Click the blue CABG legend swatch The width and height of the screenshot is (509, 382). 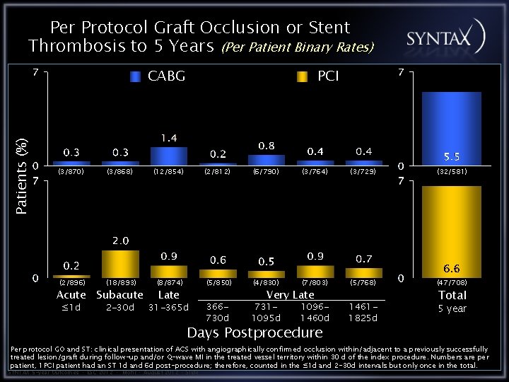click(136, 76)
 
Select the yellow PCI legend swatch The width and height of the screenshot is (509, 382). click(302, 76)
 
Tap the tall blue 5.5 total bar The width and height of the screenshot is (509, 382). click(451, 127)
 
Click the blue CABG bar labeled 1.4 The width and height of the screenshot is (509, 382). click(168, 156)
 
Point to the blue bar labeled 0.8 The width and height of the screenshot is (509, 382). click(266, 160)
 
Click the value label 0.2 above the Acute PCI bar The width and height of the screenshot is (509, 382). click(71, 266)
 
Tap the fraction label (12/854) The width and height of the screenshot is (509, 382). click(168, 171)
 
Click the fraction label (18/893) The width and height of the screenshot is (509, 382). click(120, 283)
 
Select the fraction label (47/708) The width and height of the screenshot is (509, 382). click(452, 283)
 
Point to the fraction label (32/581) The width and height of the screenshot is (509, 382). click(452, 171)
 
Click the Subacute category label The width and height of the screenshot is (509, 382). click(120, 295)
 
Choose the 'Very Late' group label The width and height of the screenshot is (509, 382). click(290, 295)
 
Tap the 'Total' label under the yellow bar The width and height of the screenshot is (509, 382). click(452, 295)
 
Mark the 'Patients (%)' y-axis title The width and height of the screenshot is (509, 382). click(22, 177)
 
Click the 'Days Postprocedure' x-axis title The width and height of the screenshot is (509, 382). click(255, 332)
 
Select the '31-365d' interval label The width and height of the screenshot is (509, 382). click(168, 308)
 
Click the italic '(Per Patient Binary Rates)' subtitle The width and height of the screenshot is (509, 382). click(298, 48)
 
